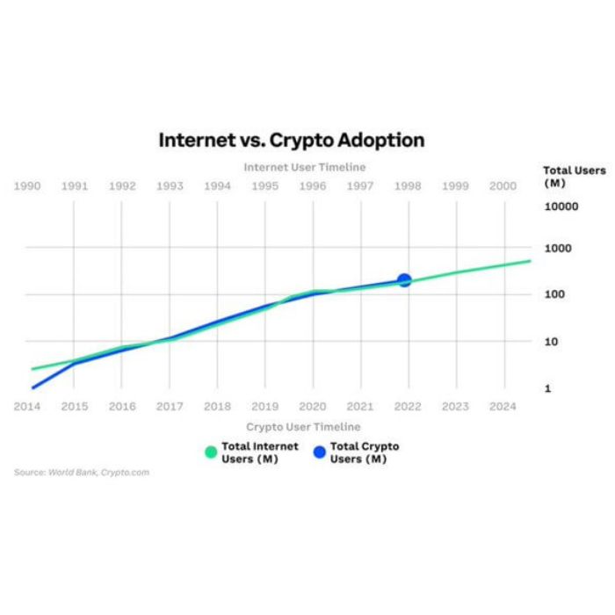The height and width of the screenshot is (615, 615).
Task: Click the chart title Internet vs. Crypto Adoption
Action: (x=291, y=140)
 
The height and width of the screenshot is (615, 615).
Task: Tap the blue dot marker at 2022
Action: (x=404, y=280)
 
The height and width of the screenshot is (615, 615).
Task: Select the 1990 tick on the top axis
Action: (x=27, y=186)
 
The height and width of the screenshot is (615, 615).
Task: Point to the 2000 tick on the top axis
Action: (x=503, y=186)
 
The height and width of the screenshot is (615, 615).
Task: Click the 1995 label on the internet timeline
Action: (x=264, y=186)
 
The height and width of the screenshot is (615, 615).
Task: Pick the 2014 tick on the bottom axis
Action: (x=27, y=407)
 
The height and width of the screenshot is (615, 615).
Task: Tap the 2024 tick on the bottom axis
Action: (x=503, y=407)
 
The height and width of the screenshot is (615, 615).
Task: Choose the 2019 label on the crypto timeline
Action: (x=264, y=407)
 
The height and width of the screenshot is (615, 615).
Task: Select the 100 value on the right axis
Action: (x=553, y=294)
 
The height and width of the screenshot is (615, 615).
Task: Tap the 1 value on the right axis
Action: (x=547, y=388)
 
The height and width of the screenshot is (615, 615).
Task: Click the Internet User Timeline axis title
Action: (x=304, y=167)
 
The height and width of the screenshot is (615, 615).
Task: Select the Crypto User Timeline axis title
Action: (x=304, y=426)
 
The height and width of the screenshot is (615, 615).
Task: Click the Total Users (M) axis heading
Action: (x=574, y=176)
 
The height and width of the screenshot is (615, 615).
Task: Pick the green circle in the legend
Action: (x=210, y=452)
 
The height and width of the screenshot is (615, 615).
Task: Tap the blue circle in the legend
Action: (x=319, y=452)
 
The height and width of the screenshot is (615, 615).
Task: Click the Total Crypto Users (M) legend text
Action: (x=364, y=452)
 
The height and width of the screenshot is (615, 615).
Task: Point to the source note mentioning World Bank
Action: (x=82, y=473)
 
